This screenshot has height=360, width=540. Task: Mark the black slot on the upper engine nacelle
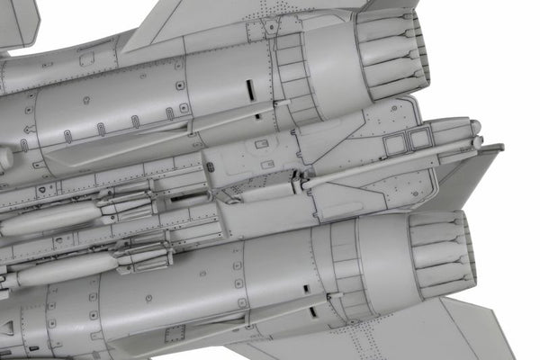[x=249, y=91]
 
